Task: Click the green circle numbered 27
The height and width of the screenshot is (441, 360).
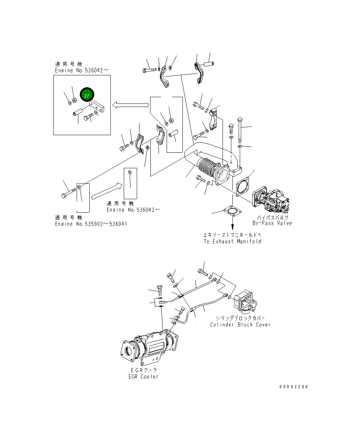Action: (87, 95)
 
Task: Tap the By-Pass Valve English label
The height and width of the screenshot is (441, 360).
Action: (272, 223)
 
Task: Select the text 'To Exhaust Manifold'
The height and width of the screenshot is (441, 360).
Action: (232, 241)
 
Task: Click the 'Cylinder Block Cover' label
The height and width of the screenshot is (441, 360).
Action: (240, 325)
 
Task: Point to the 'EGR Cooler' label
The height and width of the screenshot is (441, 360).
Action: (144, 377)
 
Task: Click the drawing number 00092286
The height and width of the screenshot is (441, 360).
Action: (294, 386)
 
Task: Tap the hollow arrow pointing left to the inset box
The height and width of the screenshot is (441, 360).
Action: (130, 105)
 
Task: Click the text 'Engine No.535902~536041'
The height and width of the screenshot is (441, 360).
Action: (91, 224)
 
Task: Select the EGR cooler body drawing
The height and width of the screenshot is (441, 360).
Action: (149, 348)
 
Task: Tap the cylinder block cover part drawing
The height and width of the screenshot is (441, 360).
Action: (246, 302)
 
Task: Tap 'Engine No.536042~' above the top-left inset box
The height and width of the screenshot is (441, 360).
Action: (82, 70)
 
